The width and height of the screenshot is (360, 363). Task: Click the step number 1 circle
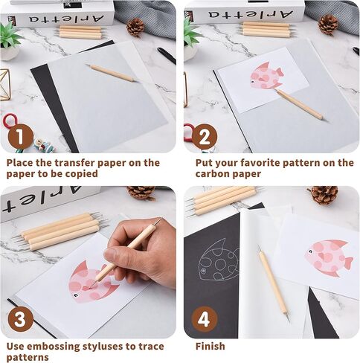coord(21,138)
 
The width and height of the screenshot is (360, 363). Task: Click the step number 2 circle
coord(204,138)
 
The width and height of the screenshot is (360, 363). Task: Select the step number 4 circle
coord(204,321)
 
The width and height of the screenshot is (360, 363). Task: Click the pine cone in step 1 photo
coord(135,27)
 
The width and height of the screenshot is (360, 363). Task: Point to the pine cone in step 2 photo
coord(327,25)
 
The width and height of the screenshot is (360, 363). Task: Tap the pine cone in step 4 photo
coord(324,195)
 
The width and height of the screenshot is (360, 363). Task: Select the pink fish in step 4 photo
coord(329,257)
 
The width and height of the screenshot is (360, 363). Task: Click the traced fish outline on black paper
coord(219,260)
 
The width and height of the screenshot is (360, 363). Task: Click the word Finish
coord(210,346)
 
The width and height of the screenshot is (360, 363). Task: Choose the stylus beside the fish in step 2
coord(300,104)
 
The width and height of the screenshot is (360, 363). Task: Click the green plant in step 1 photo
coord(9,35)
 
